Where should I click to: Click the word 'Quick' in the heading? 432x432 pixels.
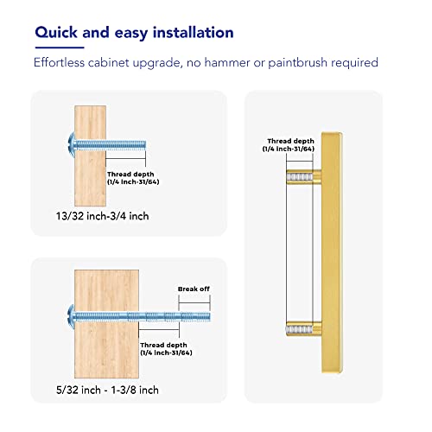[56, 33]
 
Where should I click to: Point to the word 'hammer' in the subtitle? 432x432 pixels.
[227, 62]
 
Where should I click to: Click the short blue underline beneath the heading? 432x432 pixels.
[60, 48]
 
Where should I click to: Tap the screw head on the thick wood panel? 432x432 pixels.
[72, 317]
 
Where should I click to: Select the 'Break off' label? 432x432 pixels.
[194, 289]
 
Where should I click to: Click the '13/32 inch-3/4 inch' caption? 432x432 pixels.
[102, 216]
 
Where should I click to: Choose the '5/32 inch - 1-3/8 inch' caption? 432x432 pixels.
[107, 390]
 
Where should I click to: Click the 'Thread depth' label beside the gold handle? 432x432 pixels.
[290, 141]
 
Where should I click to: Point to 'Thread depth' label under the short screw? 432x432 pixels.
[130, 175]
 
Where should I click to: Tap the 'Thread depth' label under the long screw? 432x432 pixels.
[163, 345]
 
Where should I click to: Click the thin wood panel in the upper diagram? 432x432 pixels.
[90, 156]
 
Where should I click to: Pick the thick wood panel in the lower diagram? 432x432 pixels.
[106, 324]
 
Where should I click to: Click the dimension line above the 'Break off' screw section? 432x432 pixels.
[194, 302]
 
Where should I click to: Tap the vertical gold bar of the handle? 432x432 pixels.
[332, 252]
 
